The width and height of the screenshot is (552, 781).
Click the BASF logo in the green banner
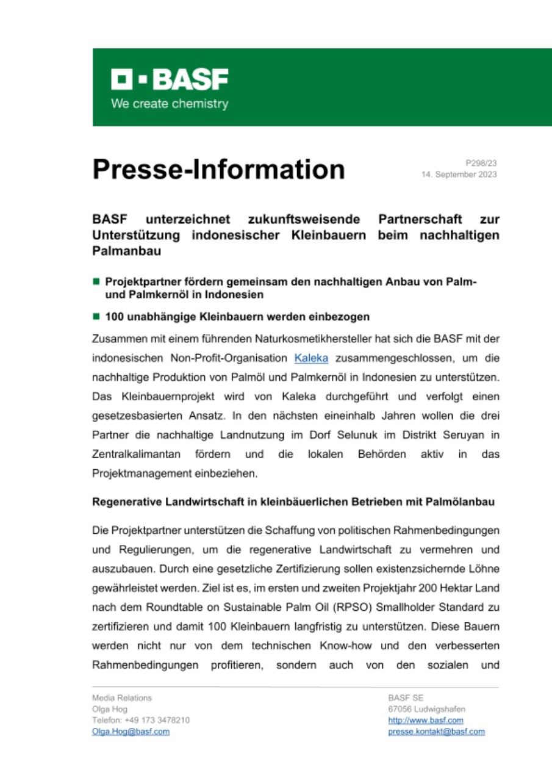pyautogui.click(x=170, y=80)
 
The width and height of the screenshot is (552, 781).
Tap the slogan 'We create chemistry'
pyautogui.click(x=170, y=104)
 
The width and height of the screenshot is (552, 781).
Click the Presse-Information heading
pyautogui.click(x=218, y=169)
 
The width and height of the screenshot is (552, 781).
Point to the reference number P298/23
pyautogui.click(x=481, y=163)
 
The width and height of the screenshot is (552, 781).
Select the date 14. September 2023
pyautogui.click(x=459, y=175)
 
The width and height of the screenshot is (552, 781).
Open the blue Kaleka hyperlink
pyautogui.click(x=311, y=358)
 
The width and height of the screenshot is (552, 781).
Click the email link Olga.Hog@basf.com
pyautogui.click(x=131, y=732)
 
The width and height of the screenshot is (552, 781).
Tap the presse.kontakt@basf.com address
pyautogui.click(x=436, y=732)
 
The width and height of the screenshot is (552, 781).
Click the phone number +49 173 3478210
pyautogui.click(x=157, y=721)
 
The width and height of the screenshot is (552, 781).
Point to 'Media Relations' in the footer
pyautogui.click(x=122, y=698)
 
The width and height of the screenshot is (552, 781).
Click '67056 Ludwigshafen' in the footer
pyautogui.click(x=426, y=709)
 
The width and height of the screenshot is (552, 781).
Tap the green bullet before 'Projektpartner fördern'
pyautogui.click(x=96, y=282)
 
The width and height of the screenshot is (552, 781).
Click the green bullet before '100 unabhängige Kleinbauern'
pyautogui.click(x=96, y=317)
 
